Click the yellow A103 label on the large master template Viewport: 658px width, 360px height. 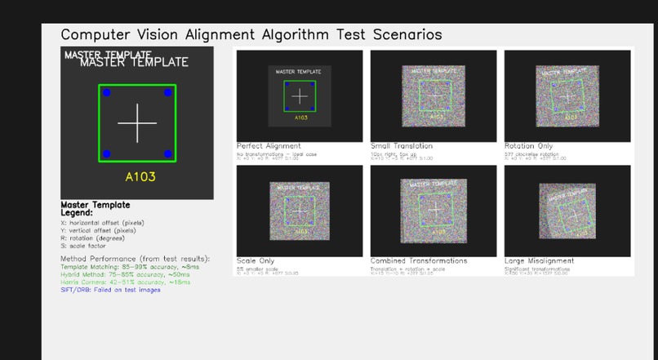pos(140,176)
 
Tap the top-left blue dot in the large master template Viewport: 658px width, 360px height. pos(106,93)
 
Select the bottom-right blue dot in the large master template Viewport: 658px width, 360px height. pos(167,153)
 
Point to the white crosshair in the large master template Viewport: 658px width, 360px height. pos(137,123)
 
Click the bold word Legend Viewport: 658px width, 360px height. pos(78,213)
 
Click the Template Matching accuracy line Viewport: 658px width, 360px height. pos(129,266)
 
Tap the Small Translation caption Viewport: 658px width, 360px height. pos(402,146)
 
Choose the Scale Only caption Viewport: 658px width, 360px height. pos(256,260)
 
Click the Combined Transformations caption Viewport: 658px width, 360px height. pos(419,260)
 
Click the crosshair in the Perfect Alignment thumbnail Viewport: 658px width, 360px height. pos(300,96)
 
